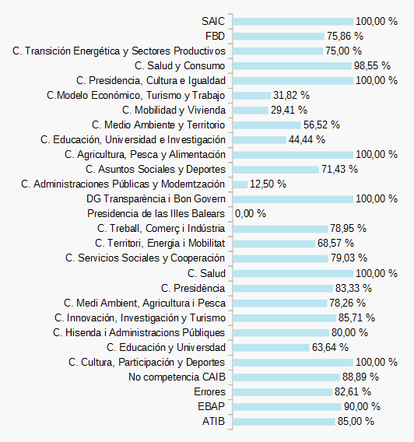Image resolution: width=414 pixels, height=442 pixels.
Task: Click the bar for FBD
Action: pos(279,37)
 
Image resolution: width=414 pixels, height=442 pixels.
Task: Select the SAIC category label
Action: pos(213,22)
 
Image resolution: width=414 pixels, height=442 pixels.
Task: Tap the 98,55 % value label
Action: pos(372,65)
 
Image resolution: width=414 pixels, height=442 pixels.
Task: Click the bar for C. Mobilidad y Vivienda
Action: pos(251,110)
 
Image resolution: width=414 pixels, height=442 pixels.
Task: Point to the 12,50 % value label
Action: pos(268,184)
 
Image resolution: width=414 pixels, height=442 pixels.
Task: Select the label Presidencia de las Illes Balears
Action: pos(156,214)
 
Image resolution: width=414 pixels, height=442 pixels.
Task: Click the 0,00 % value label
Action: pos(251,214)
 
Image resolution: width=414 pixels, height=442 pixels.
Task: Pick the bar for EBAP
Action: pos(287,407)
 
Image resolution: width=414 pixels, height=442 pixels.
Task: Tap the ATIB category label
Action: pos(214,422)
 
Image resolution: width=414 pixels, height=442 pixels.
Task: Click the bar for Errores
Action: pos(282,392)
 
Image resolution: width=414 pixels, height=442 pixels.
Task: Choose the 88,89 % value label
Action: pos(360,377)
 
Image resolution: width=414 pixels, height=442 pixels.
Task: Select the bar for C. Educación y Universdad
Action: pos(271,348)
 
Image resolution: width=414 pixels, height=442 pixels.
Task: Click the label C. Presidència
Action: pos(193,289)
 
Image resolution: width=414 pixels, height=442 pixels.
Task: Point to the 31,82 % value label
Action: pos(291,95)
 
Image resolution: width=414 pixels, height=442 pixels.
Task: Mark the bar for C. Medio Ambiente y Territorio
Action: pos(267,125)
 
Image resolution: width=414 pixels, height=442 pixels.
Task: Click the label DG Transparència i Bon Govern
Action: pos(156,199)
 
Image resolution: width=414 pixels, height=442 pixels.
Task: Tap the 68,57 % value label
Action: pos(335,244)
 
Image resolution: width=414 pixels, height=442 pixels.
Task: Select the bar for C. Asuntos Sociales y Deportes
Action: pos(276,170)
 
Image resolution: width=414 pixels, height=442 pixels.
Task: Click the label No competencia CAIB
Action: pos(177,377)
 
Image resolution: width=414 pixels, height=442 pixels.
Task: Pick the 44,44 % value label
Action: pos(307,140)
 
